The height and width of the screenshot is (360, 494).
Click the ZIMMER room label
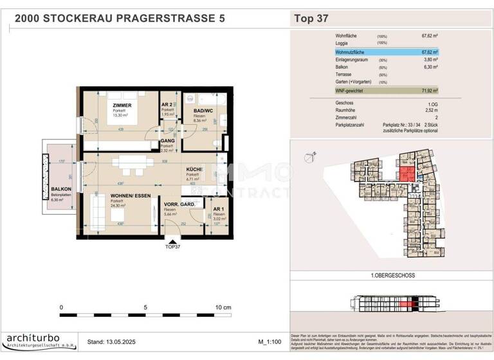click(122, 104)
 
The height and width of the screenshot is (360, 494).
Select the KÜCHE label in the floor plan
click(195, 169)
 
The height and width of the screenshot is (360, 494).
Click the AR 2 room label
click(167, 104)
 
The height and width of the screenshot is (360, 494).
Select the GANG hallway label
click(167, 140)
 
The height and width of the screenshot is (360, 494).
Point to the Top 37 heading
click(311, 18)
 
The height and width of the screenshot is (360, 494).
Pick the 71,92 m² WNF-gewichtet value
click(429, 91)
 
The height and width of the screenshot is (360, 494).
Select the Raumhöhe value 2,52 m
click(430, 110)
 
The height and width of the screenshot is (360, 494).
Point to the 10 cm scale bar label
click(223, 308)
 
